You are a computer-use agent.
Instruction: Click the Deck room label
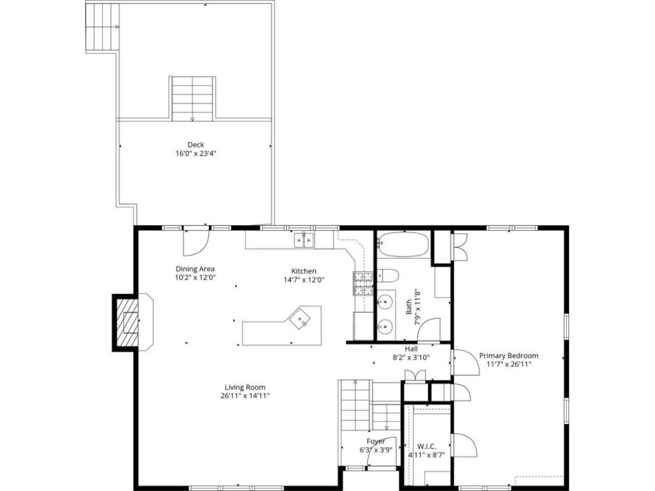click(x=196, y=145)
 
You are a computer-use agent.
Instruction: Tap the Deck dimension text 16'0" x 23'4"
click(x=196, y=154)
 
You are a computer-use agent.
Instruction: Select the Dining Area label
click(x=195, y=269)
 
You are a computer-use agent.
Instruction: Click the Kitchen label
click(x=303, y=271)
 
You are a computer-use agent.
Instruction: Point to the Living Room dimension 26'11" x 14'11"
click(x=245, y=396)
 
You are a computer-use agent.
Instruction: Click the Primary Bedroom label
click(x=508, y=355)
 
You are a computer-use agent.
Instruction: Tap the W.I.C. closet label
click(x=427, y=447)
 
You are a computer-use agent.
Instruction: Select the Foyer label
click(x=376, y=441)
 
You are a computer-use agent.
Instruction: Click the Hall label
click(x=411, y=349)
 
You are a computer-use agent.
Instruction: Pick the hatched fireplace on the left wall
click(x=127, y=322)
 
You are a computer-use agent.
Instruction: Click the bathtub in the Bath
click(x=403, y=244)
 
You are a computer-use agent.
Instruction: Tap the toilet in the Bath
click(x=388, y=276)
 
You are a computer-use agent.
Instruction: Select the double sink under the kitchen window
click(x=303, y=241)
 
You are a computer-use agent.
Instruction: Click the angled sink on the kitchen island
click(x=302, y=318)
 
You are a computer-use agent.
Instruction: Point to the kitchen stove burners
click(x=363, y=284)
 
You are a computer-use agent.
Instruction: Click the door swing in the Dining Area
click(x=196, y=242)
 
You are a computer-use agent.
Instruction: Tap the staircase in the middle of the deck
click(x=193, y=99)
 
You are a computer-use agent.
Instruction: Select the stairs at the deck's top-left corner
click(x=102, y=26)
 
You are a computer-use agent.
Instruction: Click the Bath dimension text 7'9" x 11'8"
click(x=412, y=306)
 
